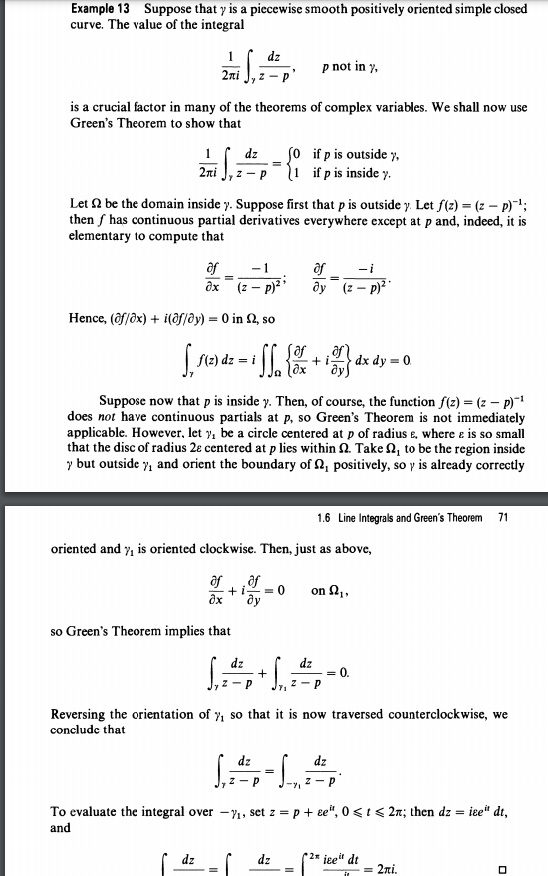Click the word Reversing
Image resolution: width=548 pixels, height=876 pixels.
tap(80, 715)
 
